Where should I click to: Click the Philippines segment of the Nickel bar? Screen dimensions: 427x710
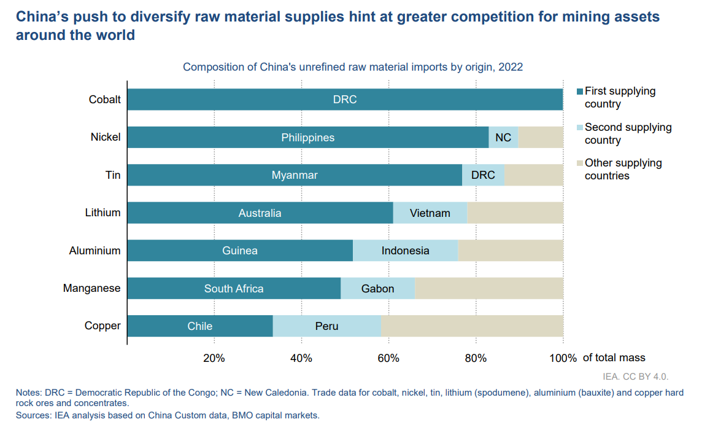click(x=307, y=138)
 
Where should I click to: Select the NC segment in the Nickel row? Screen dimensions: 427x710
click(x=503, y=138)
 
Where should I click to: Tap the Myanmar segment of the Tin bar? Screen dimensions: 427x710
click(x=295, y=175)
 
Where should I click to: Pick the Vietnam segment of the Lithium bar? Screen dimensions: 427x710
click(x=430, y=213)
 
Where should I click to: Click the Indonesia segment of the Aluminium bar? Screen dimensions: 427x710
click(x=405, y=251)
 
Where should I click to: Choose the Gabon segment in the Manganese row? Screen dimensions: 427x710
click(x=377, y=289)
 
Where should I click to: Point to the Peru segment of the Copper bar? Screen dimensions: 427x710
click(x=326, y=326)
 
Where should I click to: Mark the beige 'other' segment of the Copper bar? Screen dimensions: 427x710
click(x=472, y=326)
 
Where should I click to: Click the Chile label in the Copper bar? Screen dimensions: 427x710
click(x=200, y=326)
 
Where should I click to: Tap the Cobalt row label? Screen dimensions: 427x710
click(x=105, y=100)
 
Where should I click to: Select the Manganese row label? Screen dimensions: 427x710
click(x=92, y=288)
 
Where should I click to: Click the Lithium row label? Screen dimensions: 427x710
click(x=102, y=213)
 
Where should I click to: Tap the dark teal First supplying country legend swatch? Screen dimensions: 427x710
click(x=580, y=92)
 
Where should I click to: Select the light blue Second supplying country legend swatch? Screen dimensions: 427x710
click(x=580, y=128)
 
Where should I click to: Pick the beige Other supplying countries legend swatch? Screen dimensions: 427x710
click(x=580, y=163)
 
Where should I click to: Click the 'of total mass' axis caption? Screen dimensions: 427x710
click(x=614, y=358)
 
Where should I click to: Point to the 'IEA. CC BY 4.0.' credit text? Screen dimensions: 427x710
click(x=635, y=376)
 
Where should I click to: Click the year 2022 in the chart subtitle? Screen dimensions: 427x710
click(x=511, y=67)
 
